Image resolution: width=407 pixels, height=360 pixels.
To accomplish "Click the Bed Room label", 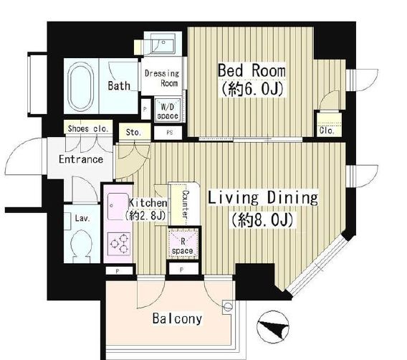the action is click(x=252, y=70).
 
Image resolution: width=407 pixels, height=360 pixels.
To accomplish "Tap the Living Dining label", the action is click(x=263, y=198).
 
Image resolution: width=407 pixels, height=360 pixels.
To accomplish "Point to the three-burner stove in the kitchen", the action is click(x=120, y=243).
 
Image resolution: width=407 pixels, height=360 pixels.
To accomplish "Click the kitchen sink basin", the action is click(x=118, y=207).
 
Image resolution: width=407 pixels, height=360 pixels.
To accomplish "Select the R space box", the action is click(x=183, y=243).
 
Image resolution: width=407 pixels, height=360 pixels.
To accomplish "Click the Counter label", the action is click(x=186, y=204).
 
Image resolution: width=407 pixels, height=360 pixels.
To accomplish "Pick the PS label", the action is click(x=170, y=133).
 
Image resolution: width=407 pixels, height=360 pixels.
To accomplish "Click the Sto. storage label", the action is click(x=133, y=133).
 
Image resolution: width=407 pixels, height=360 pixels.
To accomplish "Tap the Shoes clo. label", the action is click(x=88, y=128).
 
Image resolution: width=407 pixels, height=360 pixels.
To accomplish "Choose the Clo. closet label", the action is click(x=327, y=130).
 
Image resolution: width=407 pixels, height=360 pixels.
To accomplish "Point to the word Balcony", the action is click(x=177, y=318).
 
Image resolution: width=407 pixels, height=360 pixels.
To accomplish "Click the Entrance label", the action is click(x=81, y=159).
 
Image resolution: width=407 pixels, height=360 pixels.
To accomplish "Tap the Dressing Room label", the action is click(x=162, y=78).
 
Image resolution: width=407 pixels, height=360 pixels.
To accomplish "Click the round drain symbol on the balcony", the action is click(x=228, y=306).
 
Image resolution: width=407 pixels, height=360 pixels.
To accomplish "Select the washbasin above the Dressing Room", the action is click(x=163, y=43).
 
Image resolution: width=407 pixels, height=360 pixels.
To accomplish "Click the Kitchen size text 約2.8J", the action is click(x=145, y=215).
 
